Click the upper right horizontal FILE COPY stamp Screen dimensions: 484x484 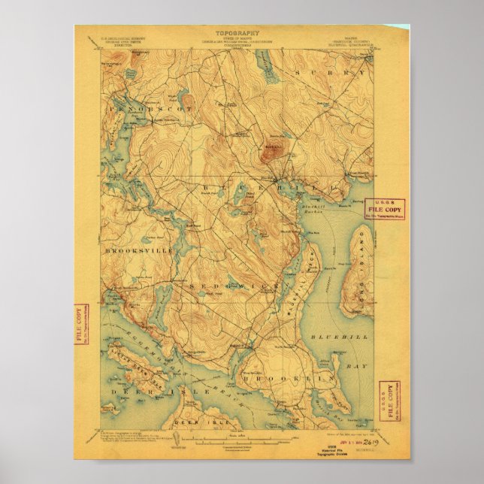[384, 208]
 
